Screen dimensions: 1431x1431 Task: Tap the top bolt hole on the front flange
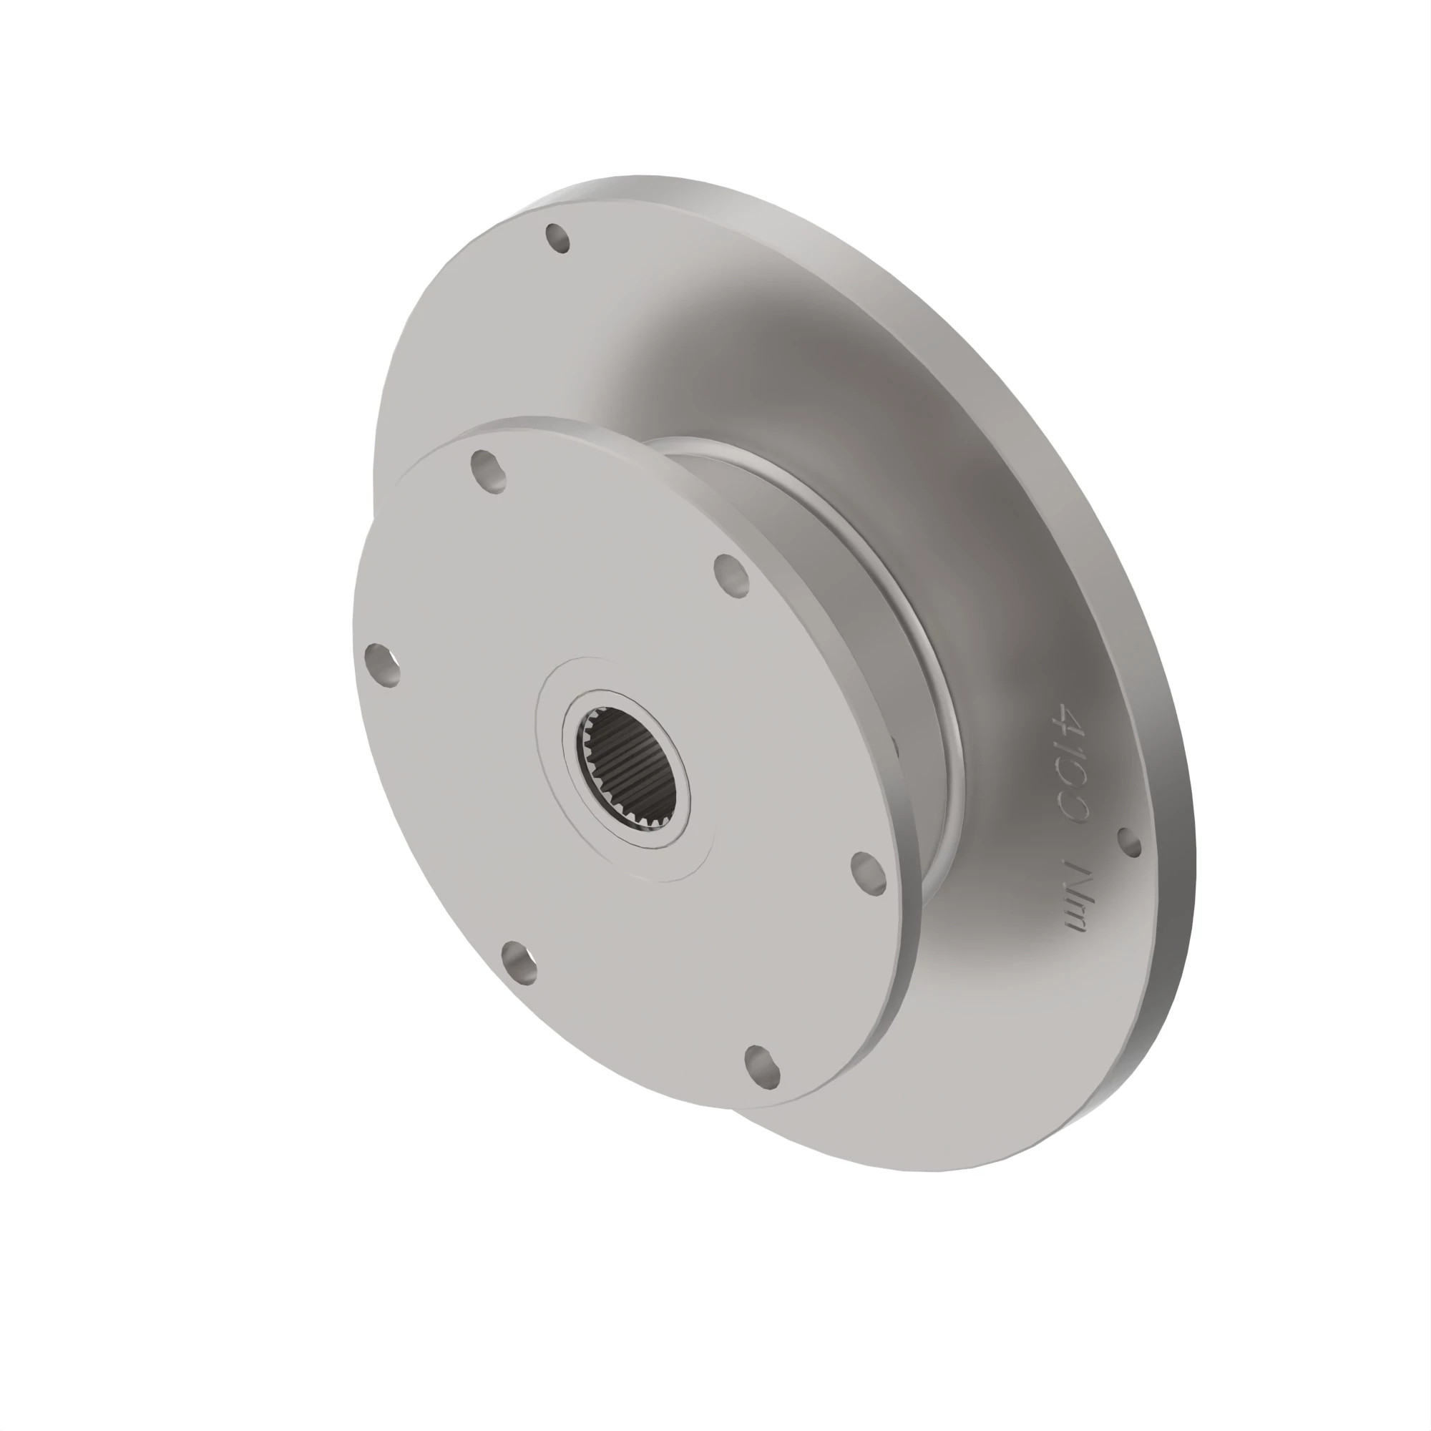489,472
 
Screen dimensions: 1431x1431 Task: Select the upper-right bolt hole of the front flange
732,575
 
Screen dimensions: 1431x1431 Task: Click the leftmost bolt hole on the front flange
383,666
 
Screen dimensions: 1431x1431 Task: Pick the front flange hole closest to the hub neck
868,873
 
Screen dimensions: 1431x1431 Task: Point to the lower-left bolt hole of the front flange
519,963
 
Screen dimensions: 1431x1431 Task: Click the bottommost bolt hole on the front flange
761,1067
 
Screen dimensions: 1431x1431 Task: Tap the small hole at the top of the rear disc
558,238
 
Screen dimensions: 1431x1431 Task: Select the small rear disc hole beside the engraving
1129,842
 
